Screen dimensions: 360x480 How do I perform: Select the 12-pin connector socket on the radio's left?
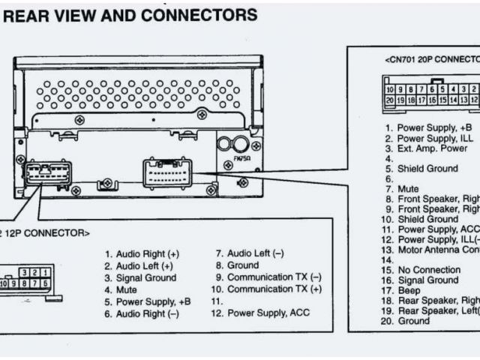pyautogui.click(x=48, y=174)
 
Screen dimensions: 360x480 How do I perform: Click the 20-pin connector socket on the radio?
pyautogui.click(x=171, y=172)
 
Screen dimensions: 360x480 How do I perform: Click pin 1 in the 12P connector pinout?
pyautogui.click(x=46, y=272)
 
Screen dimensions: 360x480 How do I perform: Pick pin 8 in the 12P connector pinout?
pyautogui.click(x=27, y=283)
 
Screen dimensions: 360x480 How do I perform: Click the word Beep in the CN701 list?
pyautogui.click(x=409, y=290)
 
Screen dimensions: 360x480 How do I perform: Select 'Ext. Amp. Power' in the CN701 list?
pyautogui.click(x=434, y=148)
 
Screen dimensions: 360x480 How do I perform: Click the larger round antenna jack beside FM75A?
pyautogui.click(x=224, y=145)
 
